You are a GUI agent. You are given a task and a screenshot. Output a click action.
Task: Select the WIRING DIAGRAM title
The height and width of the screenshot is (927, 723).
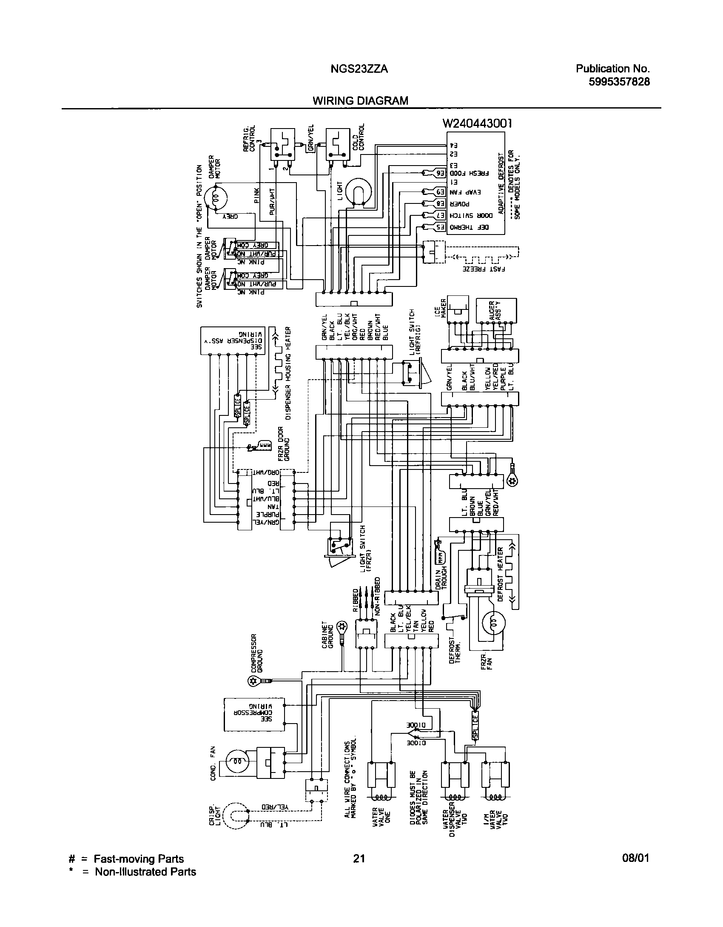click(x=360, y=101)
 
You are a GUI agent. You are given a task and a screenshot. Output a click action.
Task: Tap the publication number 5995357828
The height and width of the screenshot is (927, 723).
click(x=619, y=82)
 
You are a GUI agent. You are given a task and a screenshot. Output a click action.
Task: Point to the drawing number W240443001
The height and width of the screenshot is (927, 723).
click(x=477, y=123)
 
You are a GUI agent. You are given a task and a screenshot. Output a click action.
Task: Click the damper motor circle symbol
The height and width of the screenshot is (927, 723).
click(x=216, y=197)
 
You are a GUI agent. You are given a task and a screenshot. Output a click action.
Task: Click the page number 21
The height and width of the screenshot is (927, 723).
click(x=359, y=858)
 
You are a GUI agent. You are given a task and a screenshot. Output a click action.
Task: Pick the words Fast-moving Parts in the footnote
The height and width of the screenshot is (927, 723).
click(x=139, y=859)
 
